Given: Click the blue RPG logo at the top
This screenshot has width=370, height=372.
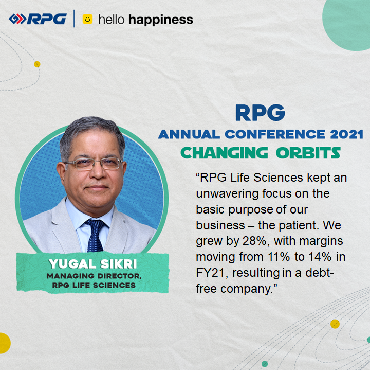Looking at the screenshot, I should [38, 19].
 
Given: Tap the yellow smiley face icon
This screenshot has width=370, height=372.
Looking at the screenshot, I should [87, 20].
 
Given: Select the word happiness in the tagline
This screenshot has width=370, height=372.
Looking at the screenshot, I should [160, 20].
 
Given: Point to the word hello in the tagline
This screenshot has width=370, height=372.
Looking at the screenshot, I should [112, 20].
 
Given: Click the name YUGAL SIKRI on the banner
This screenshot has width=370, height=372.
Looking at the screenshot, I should [92, 264].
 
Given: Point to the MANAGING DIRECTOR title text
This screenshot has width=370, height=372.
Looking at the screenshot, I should [92, 277].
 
